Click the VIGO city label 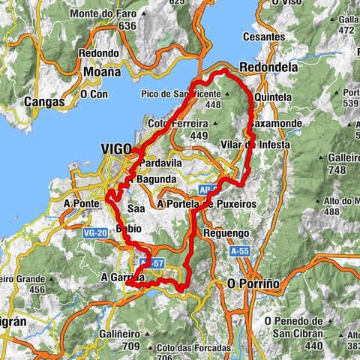click(x=117, y=148)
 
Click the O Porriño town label click(x=253, y=284)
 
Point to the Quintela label click(x=273, y=97)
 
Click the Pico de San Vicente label click(x=180, y=94)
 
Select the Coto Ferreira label click(x=177, y=124)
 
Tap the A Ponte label click(x=82, y=202)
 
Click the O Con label click(x=94, y=94)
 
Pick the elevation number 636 click(x=127, y=26)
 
